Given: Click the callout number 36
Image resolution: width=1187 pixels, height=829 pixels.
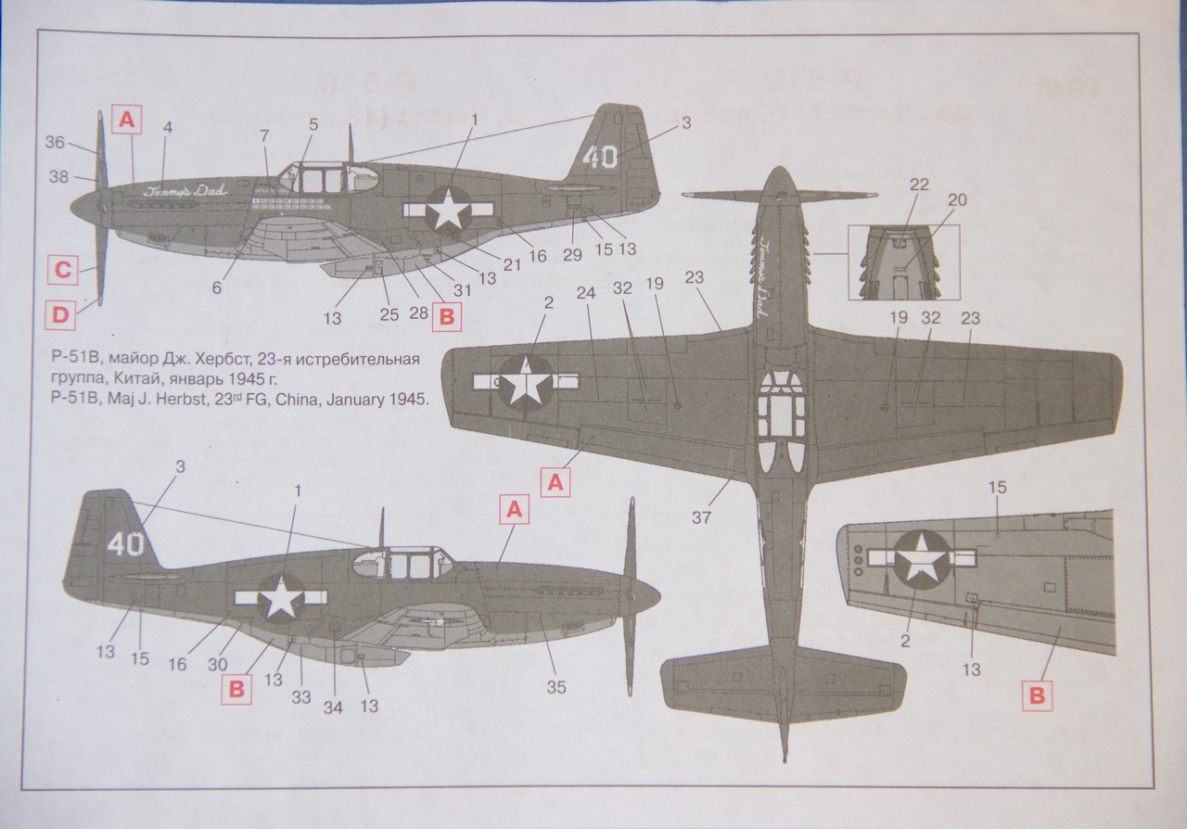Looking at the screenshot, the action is click(55, 143).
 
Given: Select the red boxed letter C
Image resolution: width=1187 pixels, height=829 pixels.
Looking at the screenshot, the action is click(61, 272).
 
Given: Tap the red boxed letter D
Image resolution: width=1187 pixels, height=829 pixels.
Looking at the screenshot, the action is click(60, 315).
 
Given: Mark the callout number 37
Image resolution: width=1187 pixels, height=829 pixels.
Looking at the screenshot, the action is click(701, 517).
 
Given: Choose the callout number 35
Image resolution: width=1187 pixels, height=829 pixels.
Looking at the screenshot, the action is click(555, 687).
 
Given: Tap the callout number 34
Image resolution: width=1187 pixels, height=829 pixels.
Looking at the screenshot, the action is click(332, 707).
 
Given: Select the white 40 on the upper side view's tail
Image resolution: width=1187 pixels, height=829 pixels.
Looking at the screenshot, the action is click(599, 156).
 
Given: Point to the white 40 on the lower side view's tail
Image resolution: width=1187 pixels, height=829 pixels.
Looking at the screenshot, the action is click(126, 543).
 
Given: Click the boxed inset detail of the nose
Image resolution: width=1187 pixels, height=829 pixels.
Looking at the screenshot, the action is click(903, 262).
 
